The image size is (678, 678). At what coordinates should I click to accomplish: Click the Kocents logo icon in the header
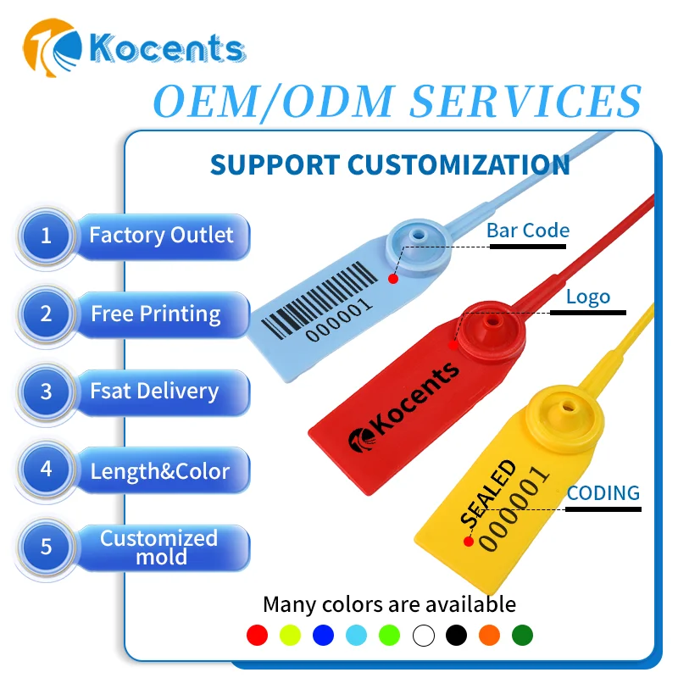pyautogui.click(x=53, y=49)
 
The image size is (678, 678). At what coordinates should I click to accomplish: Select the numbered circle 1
pyautogui.click(x=46, y=235)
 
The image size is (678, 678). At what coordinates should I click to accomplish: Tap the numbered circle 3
pyautogui.click(x=46, y=392)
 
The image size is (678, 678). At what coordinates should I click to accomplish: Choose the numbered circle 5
pyautogui.click(x=46, y=547)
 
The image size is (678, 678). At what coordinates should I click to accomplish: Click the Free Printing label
pyautogui.click(x=156, y=314)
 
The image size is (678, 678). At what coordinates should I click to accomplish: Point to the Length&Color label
pyautogui.click(x=159, y=471)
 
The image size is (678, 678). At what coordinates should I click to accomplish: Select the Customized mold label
pyautogui.click(x=159, y=547)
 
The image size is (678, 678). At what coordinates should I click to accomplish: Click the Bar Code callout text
pyautogui.click(x=527, y=231)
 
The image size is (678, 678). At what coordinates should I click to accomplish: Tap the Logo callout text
pyautogui.click(x=587, y=297)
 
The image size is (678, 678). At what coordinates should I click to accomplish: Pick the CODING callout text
pyautogui.click(x=603, y=493)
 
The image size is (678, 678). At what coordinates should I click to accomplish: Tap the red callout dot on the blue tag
pyautogui.click(x=392, y=279)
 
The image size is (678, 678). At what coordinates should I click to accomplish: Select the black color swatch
pyautogui.click(x=456, y=635)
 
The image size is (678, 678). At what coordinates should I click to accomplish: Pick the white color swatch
pyautogui.click(x=423, y=635)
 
